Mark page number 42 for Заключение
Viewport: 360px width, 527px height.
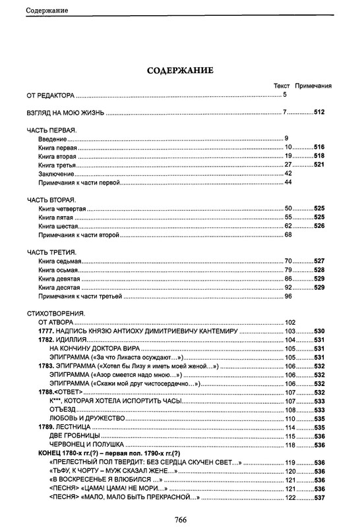288,173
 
